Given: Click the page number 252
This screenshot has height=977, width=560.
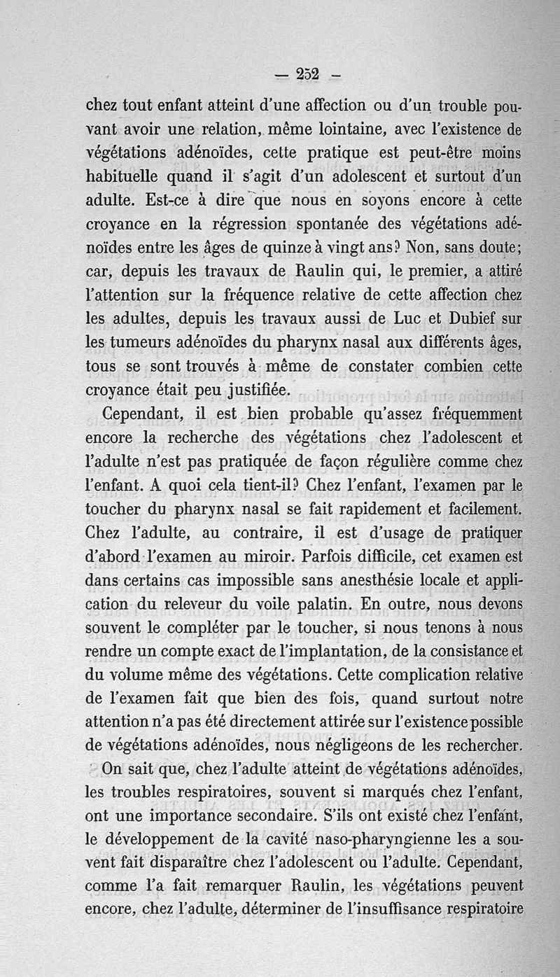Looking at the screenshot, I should [x=307, y=73].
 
